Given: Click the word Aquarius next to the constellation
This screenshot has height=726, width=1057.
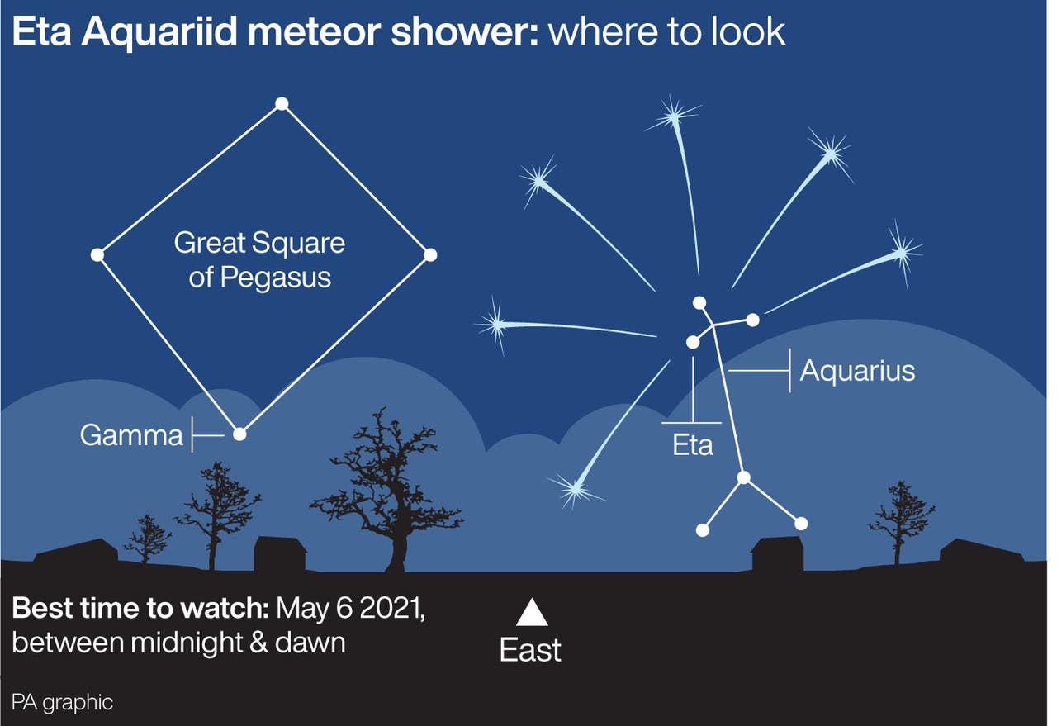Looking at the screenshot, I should tap(857, 371).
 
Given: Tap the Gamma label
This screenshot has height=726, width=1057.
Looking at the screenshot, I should tap(131, 435).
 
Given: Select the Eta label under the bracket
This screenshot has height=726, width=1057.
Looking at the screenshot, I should tap(693, 446).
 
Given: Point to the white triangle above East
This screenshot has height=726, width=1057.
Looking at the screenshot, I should tap(532, 613).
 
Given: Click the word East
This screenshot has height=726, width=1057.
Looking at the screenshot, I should tap(530, 651).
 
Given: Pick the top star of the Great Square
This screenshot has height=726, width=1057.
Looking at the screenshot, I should tap(282, 104).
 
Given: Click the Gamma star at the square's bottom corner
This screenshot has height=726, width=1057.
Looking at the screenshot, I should tap(239, 434).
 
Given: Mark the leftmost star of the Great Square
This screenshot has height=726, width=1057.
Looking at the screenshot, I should tap(97, 255).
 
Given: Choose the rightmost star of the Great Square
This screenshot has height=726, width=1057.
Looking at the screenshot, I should tap(429, 255).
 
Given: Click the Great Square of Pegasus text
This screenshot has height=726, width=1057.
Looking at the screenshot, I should tap(259, 260).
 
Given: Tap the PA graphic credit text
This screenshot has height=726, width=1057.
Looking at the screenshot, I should tap(62, 703).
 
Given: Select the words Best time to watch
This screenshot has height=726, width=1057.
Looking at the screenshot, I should tap(140, 609).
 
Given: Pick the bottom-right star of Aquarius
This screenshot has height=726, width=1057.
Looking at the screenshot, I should tap(800, 524).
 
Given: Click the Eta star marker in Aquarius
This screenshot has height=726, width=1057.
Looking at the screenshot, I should tap(693, 342).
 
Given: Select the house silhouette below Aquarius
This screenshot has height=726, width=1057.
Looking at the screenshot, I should tap(777, 553).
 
